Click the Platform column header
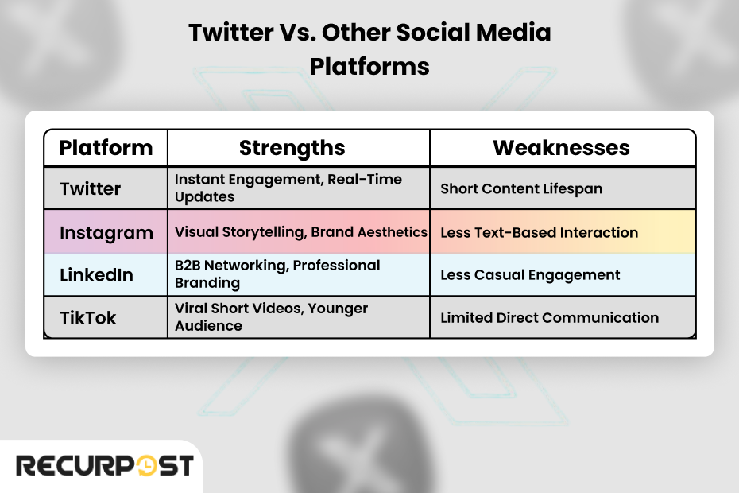106,148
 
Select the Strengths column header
292,148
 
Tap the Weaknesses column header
561,148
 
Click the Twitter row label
91,189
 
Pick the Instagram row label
106,233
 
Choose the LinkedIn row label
97,275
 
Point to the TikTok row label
88,318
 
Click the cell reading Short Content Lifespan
521,189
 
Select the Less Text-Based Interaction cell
539,233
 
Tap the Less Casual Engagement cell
530,275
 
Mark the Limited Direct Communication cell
549,318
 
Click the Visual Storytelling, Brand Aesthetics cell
300,233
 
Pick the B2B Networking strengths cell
277,274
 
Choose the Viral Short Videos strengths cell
271,317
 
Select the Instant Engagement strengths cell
288,188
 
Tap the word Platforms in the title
369,66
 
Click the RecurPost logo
104,465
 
